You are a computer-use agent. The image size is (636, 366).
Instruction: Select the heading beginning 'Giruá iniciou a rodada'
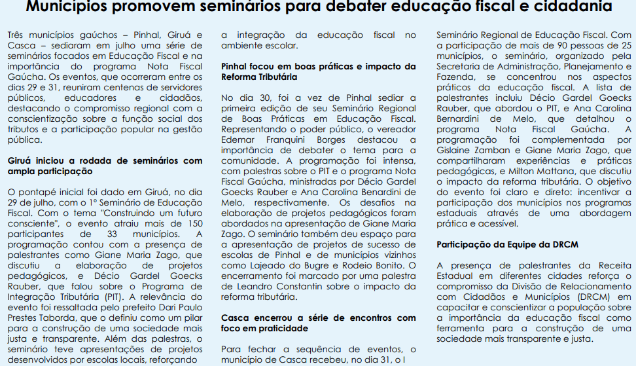click(105, 166)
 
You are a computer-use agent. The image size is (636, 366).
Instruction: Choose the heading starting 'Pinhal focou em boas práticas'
click(318, 71)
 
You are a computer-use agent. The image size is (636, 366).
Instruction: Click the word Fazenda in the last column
click(455, 77)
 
